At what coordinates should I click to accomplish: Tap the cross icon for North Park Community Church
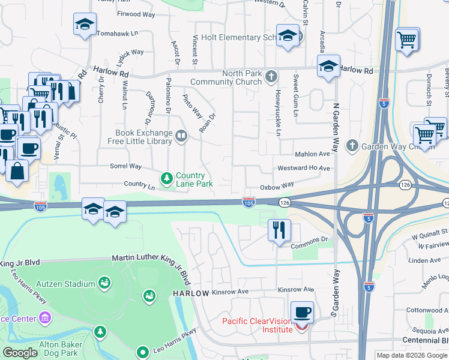tap(272, 76)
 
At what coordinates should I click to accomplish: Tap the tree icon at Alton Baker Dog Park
tap(100, 332)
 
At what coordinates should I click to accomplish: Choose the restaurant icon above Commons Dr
tap(279, 230)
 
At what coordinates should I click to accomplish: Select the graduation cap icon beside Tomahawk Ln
tap(85, 25)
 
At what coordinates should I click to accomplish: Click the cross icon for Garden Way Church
tap(352, 145)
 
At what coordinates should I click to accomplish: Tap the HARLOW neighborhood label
tap(191, 293)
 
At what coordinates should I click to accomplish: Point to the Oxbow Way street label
tap(277, 187)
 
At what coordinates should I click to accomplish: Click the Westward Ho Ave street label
tap(303, 169)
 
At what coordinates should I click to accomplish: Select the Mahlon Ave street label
tap(312, 154)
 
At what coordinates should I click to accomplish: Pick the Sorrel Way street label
tap(125, 166)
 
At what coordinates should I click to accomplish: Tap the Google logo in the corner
tap(20, 353)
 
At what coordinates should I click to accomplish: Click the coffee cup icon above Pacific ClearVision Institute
tap(302, 312)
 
